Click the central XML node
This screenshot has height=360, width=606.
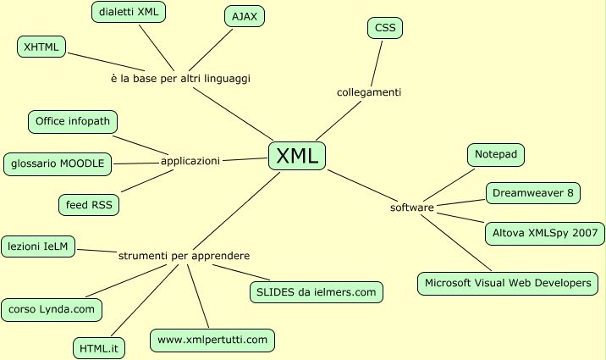coord(297,155)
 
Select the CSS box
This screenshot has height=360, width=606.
coord(385,28)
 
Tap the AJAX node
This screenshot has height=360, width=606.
coord(245,16)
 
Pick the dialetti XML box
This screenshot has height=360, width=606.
coord(129,12)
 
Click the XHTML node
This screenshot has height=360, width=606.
coord(41,47)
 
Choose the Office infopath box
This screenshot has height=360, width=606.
coord(73,121)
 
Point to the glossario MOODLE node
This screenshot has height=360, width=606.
coord(58,163)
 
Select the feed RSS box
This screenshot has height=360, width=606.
coord(89,204)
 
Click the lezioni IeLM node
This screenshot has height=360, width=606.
coord(38,246)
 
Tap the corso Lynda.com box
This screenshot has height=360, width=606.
coord(52,309)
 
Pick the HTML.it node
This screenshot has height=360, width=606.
coord(98,347)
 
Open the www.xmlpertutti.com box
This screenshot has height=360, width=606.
coord(212,340)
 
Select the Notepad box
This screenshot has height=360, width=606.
coord(496,155)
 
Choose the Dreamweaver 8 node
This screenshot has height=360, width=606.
coord(533,193)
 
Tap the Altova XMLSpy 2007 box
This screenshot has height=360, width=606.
coord(544,231)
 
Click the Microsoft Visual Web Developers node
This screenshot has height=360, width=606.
coord(508,283)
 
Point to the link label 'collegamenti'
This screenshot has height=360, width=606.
coord(369,91)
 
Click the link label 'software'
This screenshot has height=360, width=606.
coord(412,208)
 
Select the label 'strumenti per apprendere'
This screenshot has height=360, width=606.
coord(184,255)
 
